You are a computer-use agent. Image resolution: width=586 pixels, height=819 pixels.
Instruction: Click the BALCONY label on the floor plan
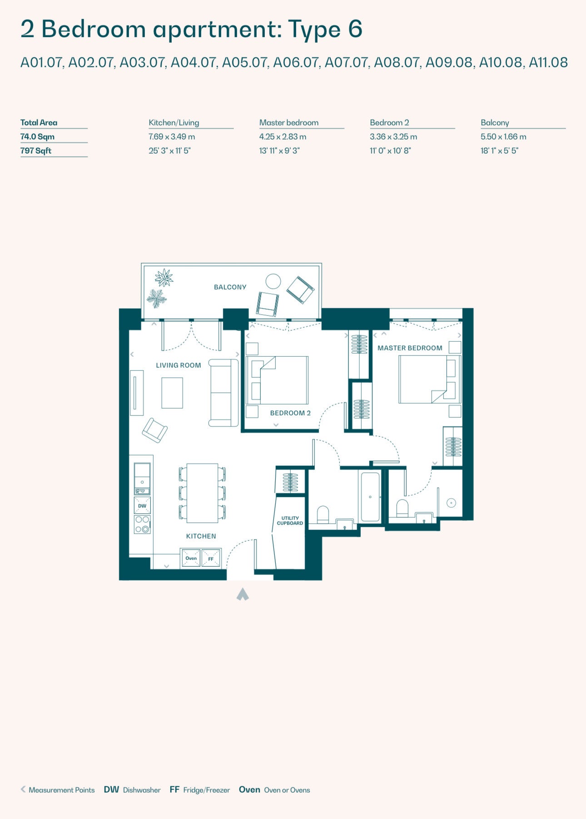[230, 287]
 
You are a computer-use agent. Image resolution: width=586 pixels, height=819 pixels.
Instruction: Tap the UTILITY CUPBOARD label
[290, 521]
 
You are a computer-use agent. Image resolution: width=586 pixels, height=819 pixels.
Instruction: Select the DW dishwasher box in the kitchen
[142, 506]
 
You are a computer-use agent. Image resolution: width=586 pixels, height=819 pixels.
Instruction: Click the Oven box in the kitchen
[191, 558]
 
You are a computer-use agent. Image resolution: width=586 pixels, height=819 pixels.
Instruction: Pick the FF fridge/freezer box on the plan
[211, 558]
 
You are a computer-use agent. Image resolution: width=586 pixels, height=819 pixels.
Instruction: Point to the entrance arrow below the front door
[243, 594]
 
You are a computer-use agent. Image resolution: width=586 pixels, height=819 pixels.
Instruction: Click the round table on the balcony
[273, 281]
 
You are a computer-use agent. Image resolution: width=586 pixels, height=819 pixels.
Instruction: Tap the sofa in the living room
[223, 393]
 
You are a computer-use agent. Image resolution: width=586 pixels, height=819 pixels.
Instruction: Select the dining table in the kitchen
[202, 493]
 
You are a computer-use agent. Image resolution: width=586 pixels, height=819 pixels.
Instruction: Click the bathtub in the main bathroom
[370, 497]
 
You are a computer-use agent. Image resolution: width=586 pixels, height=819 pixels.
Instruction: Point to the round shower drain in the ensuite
[451, 503]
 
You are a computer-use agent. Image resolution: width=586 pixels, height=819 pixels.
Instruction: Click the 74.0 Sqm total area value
[37, 137]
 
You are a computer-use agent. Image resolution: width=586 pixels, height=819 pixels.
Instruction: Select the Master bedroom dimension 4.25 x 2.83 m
[283, 137]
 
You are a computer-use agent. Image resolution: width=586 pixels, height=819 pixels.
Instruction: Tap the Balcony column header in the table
[495, 123]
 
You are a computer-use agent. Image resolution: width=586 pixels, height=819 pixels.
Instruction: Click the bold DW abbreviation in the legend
[111, 790]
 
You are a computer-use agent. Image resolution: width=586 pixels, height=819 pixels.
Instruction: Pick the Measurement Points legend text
[62, 790]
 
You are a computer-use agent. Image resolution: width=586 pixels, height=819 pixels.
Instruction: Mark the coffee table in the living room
[172, 393]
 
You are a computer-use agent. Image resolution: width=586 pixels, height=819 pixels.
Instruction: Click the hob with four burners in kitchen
[142, 524]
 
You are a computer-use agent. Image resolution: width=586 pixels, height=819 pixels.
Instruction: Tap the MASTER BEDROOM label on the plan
[410, 348]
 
